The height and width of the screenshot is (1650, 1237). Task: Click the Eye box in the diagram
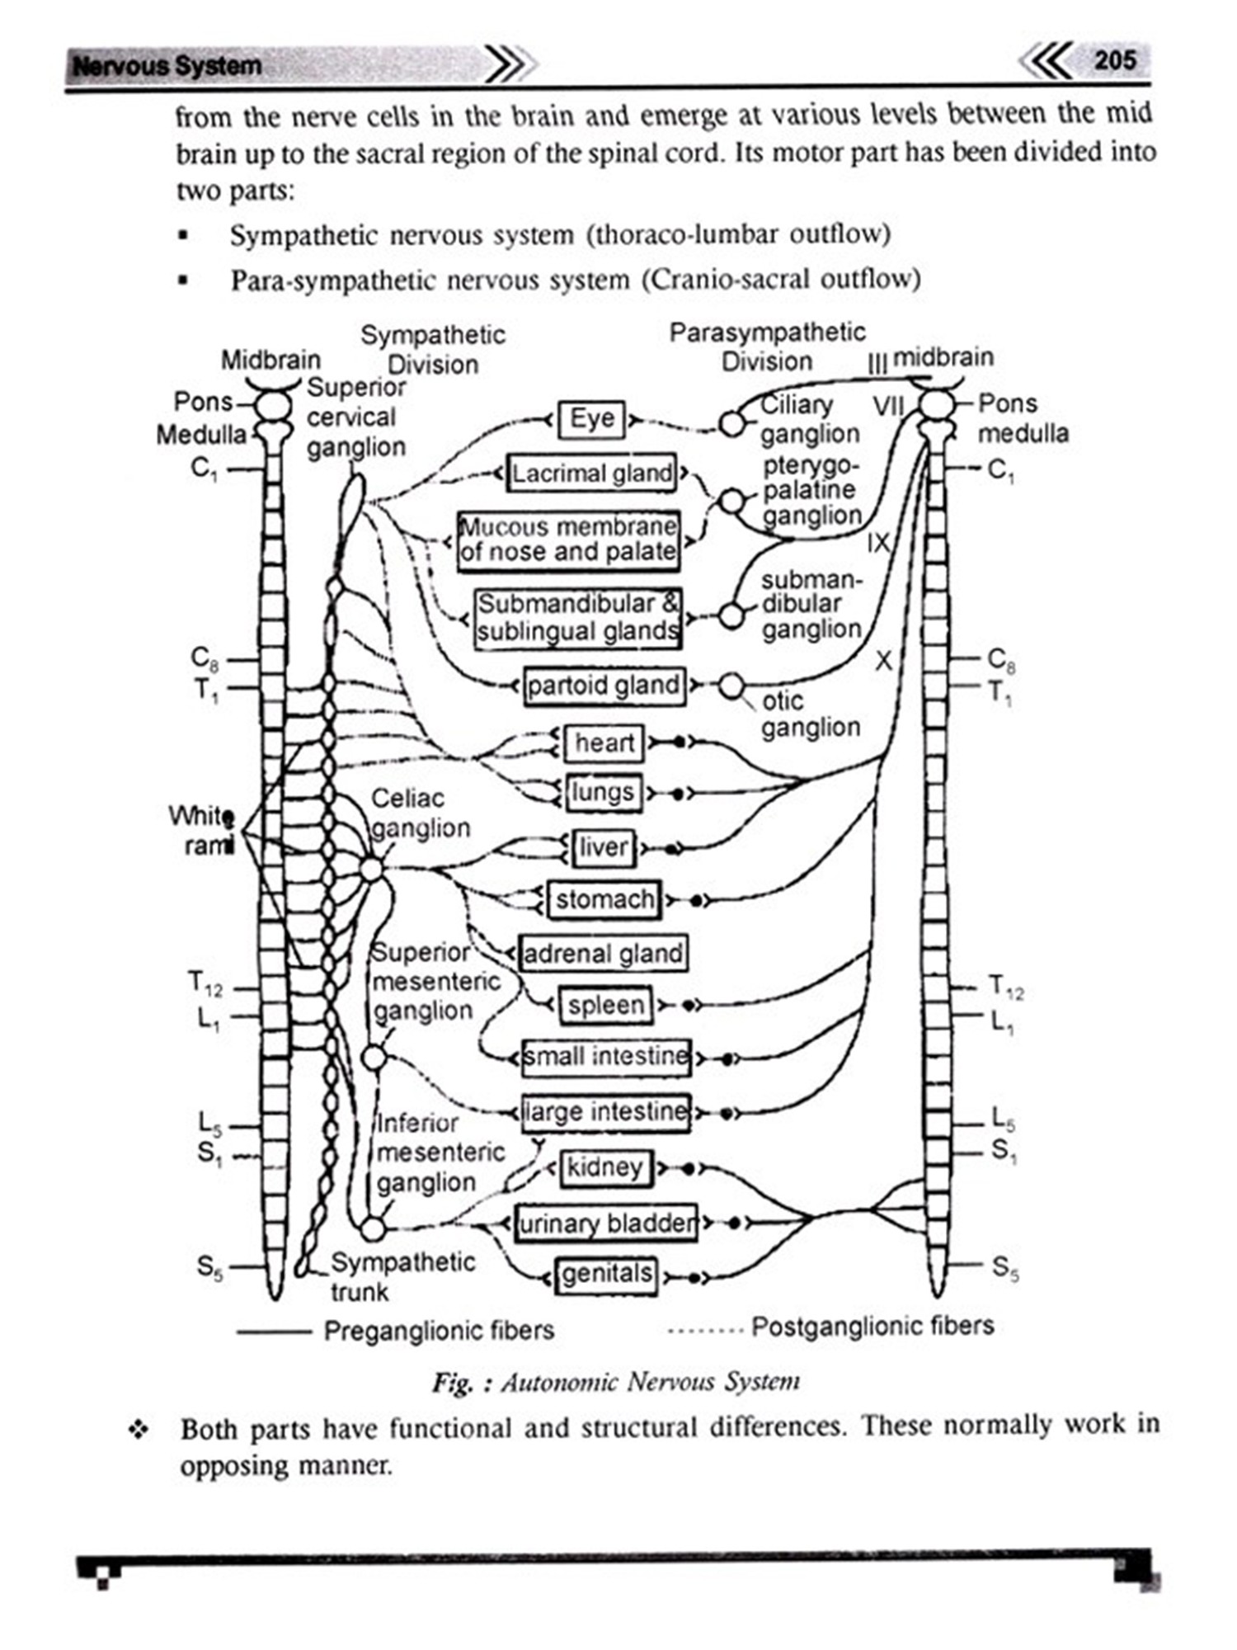pos(591,419)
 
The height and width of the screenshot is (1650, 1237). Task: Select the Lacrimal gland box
pos(591,474)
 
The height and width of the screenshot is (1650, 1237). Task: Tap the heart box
pos(604,743)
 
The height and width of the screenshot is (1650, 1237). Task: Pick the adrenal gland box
pos(603,954)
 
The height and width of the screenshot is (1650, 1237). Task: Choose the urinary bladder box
pos(606,1223)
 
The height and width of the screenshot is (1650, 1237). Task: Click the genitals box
pos(607,1275)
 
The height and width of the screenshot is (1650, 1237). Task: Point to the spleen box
pos(605,1006)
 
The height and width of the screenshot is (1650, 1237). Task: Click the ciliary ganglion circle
pos(731,424)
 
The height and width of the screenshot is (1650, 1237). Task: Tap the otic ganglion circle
pos(731,686)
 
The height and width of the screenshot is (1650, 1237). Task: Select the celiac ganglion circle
pos(371,869)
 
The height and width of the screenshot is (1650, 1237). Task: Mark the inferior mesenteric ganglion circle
pos(373,1229)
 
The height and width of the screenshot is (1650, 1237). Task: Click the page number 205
pos(1114,60)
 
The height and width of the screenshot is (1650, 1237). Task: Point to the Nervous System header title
pos(167,66)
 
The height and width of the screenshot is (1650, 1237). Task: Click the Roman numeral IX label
pos(879,543)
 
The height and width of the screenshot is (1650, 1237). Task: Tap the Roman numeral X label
pos(883,660)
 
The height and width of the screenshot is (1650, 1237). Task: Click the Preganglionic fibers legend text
pos(438,1331)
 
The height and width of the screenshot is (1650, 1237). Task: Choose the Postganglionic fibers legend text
pos(872,1327)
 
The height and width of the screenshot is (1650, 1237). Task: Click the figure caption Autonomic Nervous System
pos(616,1382)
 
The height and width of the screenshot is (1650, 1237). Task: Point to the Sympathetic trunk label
pos(402,1276)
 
